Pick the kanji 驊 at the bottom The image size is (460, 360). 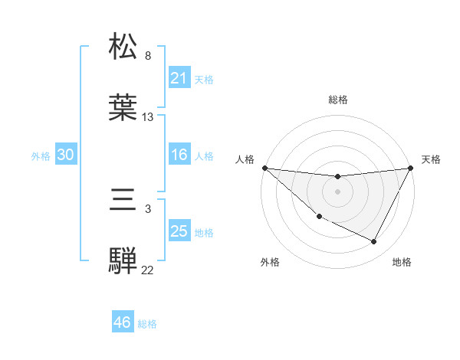pyautogui.click(x=123, y=260)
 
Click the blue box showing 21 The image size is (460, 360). pyautogui.click(x=179, y=77)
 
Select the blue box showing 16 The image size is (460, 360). pyautogui.click(x=179, y=155)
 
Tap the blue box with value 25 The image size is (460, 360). pyautogui.click(x=179, y=231)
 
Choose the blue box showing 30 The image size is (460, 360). pyautogui.click(x=66, y=155)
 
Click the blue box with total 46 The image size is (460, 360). pyautogui.click(x=123, y=322)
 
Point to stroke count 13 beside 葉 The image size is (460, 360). pyautogui.click(x=148, y=117)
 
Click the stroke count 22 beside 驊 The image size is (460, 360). pyautogui.click(x=148, y=270)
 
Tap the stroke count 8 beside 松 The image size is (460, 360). pyautogui.click(x=148, y=56)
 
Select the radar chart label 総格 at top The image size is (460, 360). pyautogui.click(x=338, y=100)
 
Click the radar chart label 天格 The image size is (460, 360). pyautogui.click(x=432, y=159)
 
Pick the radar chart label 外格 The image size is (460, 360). pyautogui.click(x=270, y=262)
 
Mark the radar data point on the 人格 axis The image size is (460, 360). pyautogui.click(x=264, y=168)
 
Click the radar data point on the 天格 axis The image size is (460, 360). pyautogui.click(x=411, y=168)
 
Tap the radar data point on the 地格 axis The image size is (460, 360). pyautogui.click(x=374, y=242)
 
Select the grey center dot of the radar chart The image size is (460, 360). pyautogui.click(x=338, y=191)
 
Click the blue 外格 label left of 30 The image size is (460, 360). pyautogui.click(x=41, y=155)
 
